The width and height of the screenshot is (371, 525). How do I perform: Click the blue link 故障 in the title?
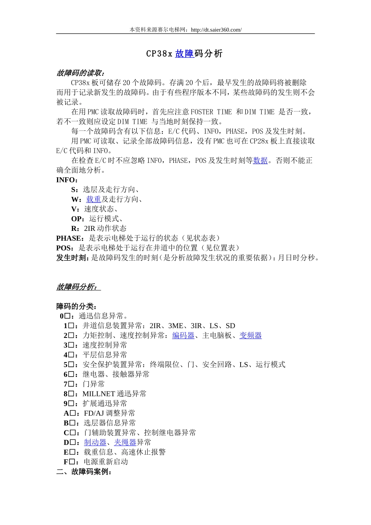click(x=184, y=54)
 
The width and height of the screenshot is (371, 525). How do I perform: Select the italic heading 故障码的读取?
click(x=80, y=73)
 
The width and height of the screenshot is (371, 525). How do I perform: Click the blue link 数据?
click(x=260, y=161)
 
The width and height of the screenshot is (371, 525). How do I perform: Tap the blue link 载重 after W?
click(x=94, y=200)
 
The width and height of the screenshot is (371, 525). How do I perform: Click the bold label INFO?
click(x=67, y=180)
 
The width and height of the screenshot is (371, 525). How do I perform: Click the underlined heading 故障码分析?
click(x=77, y=287)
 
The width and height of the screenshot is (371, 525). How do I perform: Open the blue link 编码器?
click(x=183, y=336)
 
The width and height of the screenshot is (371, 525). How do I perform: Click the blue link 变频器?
click(x=250, y=336)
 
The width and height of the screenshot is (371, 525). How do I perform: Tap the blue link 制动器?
click(x=95, y=443)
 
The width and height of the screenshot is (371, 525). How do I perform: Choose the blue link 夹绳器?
click(x=125, y=443)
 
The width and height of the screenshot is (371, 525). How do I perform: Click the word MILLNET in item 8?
click(x=98, y=394)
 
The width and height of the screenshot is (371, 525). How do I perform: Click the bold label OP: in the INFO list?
click(x=78, y=219)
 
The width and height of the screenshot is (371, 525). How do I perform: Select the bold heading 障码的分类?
click(x=76, y=306)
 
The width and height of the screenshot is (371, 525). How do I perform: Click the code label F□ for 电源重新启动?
click(x=69, y=462)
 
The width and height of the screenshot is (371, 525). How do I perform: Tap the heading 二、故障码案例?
click(x=84, y=472)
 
